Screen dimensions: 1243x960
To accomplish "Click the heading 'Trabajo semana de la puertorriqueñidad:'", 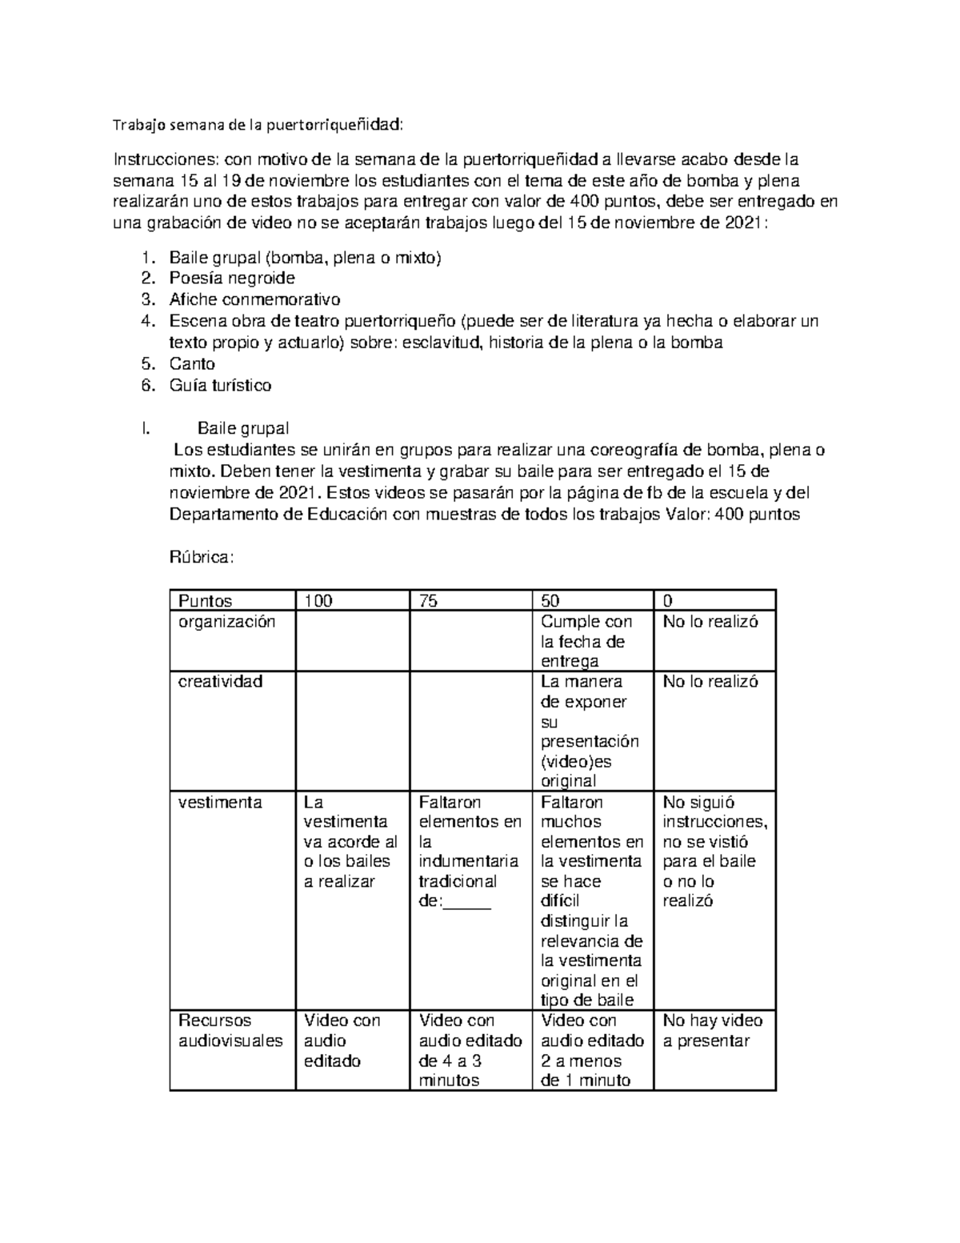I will click(x=258, y=125).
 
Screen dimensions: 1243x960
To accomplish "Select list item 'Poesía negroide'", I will click(x=232, y=279).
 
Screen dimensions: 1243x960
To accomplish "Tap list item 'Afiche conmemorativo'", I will click(x=254, y=300).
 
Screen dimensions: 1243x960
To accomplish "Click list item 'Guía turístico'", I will click(x=220, y=386).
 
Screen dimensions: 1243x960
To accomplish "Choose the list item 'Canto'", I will click(x=192, y=364).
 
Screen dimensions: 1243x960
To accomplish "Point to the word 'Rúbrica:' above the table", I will click(x=202, y=558).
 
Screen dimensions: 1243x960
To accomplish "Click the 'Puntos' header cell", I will click(x=206, y=601).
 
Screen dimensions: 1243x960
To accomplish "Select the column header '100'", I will click(x=318, y=601).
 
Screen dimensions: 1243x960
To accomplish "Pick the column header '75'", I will click(x=429, y=601).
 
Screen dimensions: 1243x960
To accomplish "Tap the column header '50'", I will click(x=550, y=601).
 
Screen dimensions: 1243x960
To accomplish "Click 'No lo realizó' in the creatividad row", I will click(x=710, y=682).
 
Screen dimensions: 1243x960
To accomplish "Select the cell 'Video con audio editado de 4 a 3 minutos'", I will click(x=470, y=1050).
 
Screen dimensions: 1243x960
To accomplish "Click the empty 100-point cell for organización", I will click(x=353, y=641).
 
